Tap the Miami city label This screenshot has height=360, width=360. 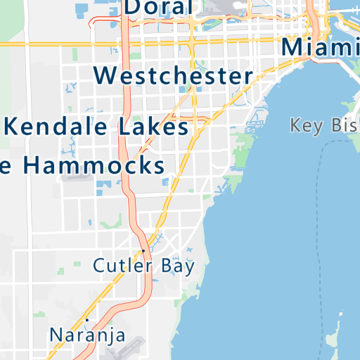(x=320, y=47)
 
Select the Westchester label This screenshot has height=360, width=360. (x=173, y=75)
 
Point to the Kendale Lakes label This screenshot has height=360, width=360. (x=97, y=127)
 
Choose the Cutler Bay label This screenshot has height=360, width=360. (x=143, y=266)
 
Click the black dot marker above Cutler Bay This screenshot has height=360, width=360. (x=143, y=250)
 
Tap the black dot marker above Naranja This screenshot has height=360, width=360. (x=87, y=320)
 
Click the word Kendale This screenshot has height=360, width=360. (x=55, y=127)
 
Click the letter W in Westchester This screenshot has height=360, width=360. (x=105, y=75)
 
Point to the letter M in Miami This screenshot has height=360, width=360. (x=294, y=47)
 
